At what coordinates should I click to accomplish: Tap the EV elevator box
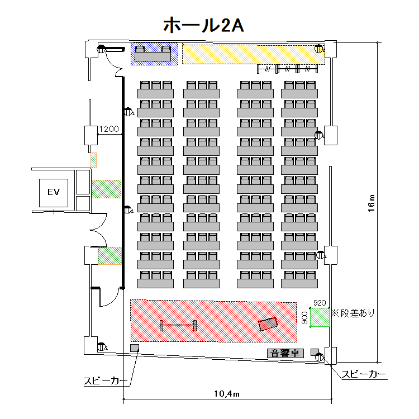point(54,193)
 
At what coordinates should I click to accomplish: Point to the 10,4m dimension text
point(227,394)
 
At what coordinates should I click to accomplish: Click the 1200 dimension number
point(109,129)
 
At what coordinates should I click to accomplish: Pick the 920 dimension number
point(319,302)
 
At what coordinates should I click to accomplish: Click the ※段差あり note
point(353,313)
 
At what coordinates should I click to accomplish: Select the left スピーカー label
point(105,381)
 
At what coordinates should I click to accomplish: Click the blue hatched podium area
point(154,54)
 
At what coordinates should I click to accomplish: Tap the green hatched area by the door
point(110,256)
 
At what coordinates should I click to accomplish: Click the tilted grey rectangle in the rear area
point(268,323)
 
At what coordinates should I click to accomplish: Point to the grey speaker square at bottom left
point(134,349)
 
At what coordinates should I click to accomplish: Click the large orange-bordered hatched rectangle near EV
point(106,189)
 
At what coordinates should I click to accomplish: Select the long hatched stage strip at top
point(251,54)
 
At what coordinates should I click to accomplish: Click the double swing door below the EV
point(99,229)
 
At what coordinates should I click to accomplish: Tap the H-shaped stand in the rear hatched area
point(179,325)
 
